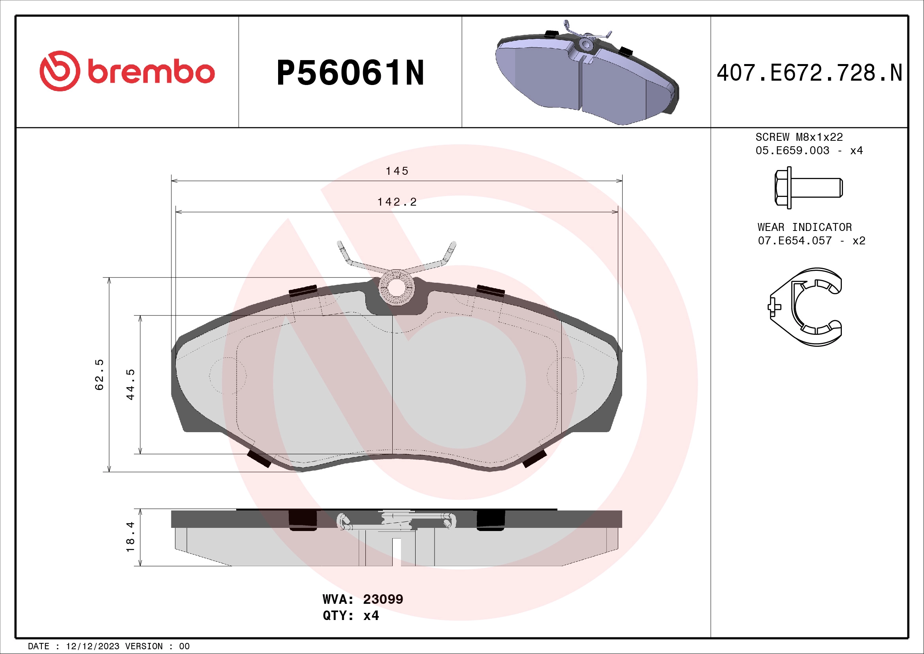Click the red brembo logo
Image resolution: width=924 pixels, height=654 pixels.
tap(127, 71)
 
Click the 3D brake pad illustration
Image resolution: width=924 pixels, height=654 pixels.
tap(586, 74)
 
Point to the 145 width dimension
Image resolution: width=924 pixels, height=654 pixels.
tap(397, 171)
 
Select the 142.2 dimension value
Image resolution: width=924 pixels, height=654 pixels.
tap(397, 202)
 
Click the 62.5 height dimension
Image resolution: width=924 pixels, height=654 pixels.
tap(100, 374)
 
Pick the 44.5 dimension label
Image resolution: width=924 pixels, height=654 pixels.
tap(130, 384)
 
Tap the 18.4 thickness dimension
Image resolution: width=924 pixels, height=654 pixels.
tap(130, 537)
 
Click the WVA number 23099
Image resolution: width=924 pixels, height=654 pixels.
tap(383, 599)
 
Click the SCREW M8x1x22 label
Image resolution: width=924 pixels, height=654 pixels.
tap(799, 137)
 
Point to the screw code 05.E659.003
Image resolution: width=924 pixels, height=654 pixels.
tap(792, 151)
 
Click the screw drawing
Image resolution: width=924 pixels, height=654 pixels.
tap(808, 188)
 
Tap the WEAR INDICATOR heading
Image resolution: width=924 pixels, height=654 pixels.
tap(804, 227)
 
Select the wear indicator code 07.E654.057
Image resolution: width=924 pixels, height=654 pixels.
tap(794, 241)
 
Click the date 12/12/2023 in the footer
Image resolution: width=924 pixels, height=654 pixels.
tap(92, 646)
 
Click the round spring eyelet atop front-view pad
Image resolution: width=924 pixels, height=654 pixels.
tap(396, 287)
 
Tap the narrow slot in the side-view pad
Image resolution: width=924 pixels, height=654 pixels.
tap(396, 552)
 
